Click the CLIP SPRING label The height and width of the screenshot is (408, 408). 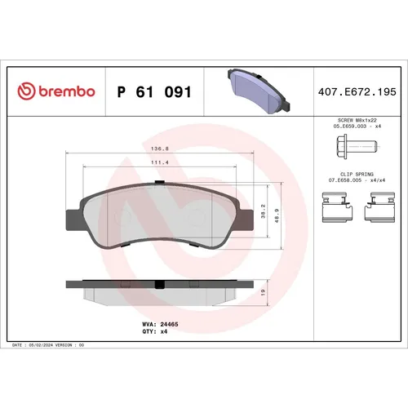tap(352, 173)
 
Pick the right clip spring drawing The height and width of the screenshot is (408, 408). tap(381, 206)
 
